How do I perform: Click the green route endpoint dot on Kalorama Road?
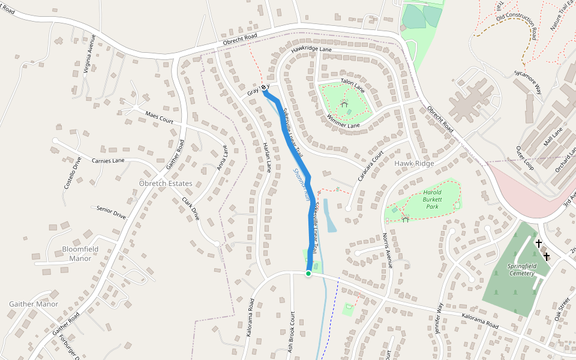308,274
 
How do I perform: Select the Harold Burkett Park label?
432,200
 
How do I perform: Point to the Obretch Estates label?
166,183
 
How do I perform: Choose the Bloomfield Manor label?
77,254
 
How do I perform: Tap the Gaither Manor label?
34,304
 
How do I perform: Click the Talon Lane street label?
352,85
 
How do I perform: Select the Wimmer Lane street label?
343,121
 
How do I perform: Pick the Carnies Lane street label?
108,160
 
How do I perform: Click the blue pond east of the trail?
329,216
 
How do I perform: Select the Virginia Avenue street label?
89,53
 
